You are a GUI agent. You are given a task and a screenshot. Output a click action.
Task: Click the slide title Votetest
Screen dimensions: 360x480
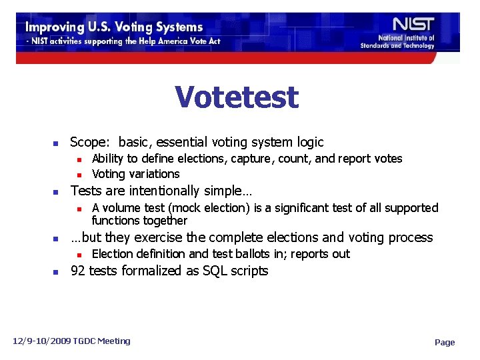click(x=237, y=97)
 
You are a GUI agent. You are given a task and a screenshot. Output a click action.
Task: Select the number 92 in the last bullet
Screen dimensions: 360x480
click(x=78, y=271)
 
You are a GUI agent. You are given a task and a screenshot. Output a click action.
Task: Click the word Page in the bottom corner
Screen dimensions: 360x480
click(x=445, y=343)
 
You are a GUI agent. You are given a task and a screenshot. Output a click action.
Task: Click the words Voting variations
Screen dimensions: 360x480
click(x=136, y=174)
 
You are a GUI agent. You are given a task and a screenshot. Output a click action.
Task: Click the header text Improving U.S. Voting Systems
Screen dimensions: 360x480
click(x=114, y=27)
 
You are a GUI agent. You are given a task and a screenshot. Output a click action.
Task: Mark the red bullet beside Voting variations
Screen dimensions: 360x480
click(x=78, y=175)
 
